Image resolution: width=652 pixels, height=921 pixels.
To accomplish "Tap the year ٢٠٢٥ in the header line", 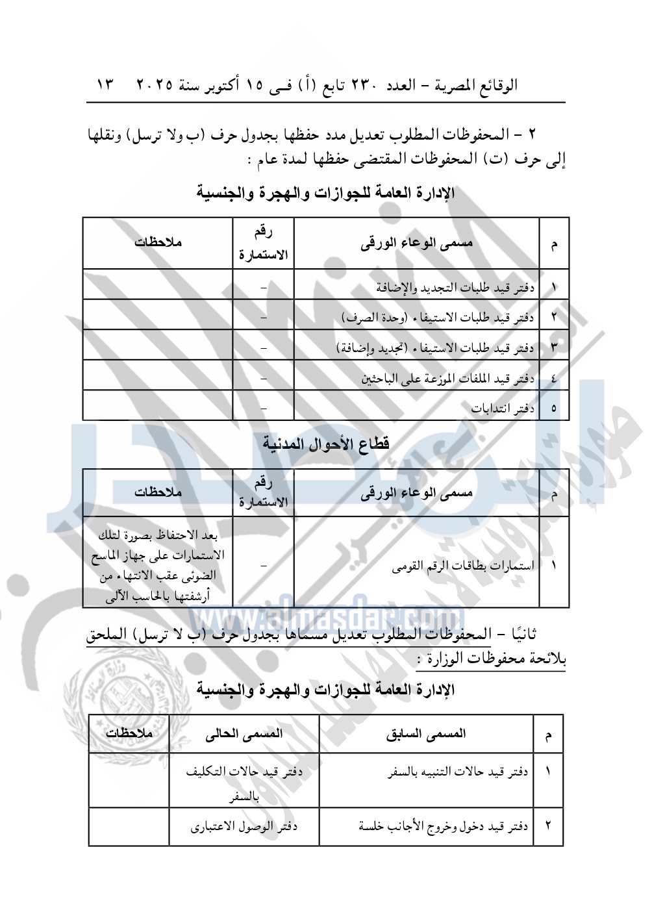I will coord(155,84).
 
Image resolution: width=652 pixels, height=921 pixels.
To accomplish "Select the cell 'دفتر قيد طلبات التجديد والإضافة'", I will coord(455,286).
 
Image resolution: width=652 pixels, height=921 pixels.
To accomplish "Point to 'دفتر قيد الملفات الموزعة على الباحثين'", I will coord(448,378).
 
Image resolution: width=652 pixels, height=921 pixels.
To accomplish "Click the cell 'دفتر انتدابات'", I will coord(503,409).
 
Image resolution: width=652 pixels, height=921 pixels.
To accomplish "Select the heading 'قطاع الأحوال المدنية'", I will coord(326,444).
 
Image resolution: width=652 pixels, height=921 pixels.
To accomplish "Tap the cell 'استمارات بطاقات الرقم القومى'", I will coord(463,566).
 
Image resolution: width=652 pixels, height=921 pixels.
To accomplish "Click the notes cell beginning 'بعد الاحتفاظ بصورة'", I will coord(158,565).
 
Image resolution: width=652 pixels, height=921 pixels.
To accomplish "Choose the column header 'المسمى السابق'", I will coord(426,734).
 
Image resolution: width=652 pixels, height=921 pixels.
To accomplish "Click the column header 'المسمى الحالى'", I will coord(244,734).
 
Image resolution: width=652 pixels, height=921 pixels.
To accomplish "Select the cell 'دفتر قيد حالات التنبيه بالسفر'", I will coord(458,772).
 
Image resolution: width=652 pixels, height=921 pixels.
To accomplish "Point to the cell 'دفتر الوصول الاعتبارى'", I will coord(244,826).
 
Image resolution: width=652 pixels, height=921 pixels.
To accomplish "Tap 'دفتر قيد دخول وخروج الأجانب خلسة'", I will coord(444,826).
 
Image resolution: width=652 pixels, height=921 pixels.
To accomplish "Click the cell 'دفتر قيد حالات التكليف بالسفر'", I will coord(244,782).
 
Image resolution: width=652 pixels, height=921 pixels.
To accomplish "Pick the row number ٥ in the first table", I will coord(554,409).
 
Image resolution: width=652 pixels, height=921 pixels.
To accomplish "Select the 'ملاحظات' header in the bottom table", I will coord(129,733).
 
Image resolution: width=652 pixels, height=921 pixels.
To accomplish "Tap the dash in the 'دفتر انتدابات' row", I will coord(263,409).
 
